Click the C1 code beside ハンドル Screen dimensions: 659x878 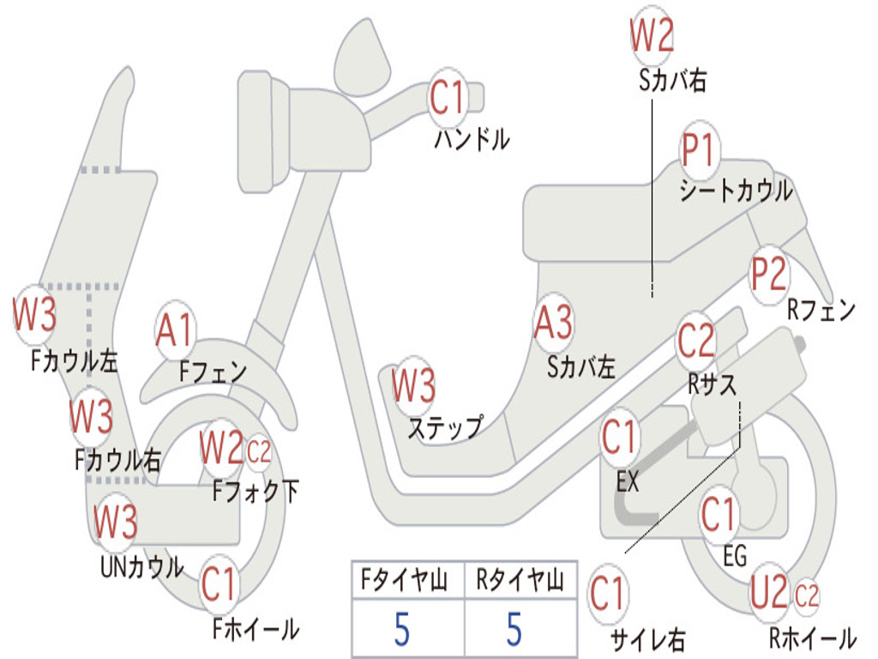pos(446,98)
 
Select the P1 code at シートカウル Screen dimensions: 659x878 pos(700,152)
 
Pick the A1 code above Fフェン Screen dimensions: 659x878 pos(176,329)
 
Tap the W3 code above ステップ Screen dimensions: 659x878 pos(413,386)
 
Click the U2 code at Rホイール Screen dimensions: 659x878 pos(768,591)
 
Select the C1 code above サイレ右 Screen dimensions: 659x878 pos(608,593)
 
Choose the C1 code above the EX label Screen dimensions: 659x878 pos(619,438)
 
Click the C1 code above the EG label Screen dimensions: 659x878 pos(719,514)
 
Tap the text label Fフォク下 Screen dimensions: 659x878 pos(256,492)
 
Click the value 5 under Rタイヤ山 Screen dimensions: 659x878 pos(514,629)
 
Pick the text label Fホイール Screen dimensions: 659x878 pos(256,629)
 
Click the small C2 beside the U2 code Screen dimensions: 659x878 pos(807,594)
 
